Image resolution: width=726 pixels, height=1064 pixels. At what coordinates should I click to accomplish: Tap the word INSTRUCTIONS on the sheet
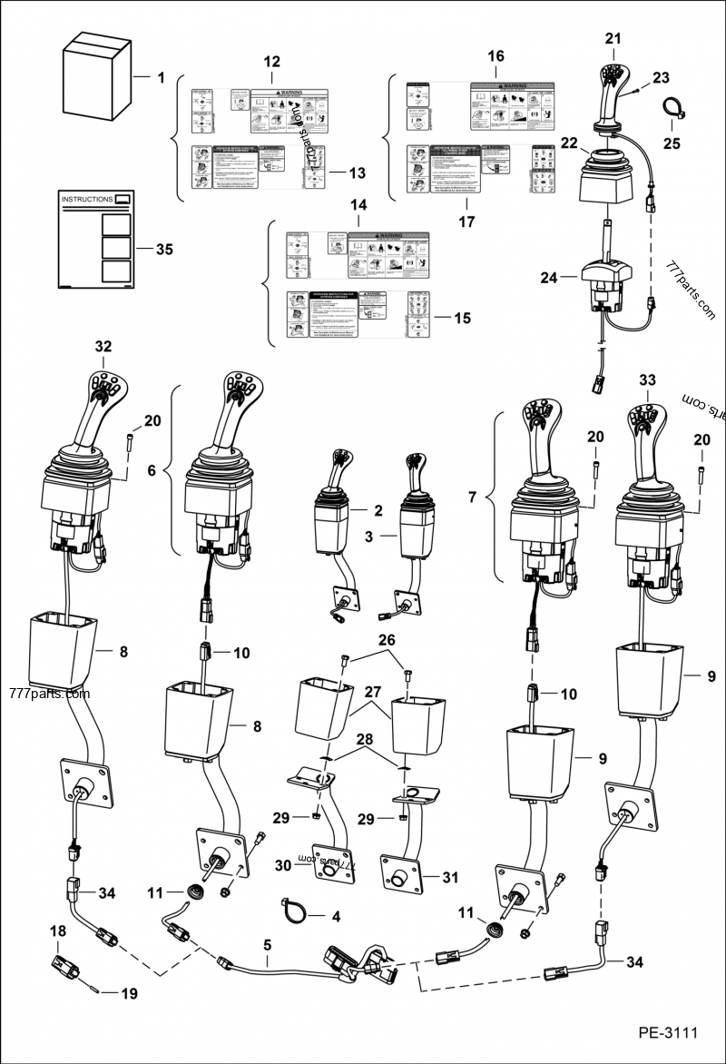coord(86,198)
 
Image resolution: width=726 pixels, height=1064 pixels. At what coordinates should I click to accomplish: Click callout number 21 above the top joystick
coord(614,38)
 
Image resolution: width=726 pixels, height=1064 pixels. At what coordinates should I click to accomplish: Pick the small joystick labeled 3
coord(417,517)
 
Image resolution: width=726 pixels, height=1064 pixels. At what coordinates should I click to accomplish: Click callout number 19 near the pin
coord(129,994)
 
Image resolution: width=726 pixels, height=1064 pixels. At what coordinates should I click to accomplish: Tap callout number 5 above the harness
coord(267,945)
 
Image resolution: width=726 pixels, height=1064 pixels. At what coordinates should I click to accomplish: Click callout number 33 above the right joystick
coord(647,380)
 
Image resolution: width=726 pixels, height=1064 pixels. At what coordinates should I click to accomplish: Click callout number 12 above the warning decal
coord(271,62)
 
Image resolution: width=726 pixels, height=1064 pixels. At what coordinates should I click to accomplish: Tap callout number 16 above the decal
coord(495,56)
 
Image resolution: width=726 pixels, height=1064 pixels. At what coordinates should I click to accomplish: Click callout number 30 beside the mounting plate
coord(283,866)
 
